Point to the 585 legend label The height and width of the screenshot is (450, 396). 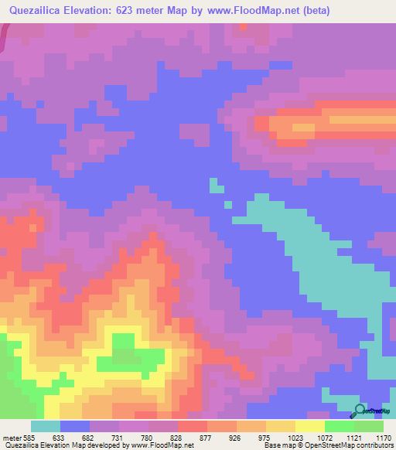tap(29, 437)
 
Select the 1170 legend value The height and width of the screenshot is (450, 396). tap(383, 437)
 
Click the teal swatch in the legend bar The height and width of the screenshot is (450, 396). tap(45, 426)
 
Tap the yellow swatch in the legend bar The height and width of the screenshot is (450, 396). tap(309, 426)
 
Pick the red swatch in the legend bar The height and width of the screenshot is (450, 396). tap(192, 426)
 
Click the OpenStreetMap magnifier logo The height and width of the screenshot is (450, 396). tap(359, 411)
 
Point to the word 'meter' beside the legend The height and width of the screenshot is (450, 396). tap(11, 437)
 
